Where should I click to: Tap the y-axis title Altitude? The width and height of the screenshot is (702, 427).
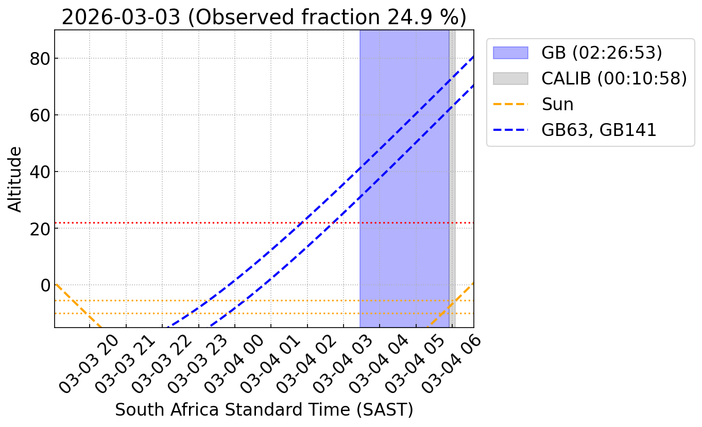click(15, 179)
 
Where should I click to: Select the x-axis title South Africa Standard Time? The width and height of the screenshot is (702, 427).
click(264, 409)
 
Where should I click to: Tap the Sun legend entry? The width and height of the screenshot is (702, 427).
click(557, 104)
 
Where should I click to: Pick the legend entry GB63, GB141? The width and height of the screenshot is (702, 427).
click(598, 130)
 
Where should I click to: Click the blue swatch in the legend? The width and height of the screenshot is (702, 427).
click(510, 53)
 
